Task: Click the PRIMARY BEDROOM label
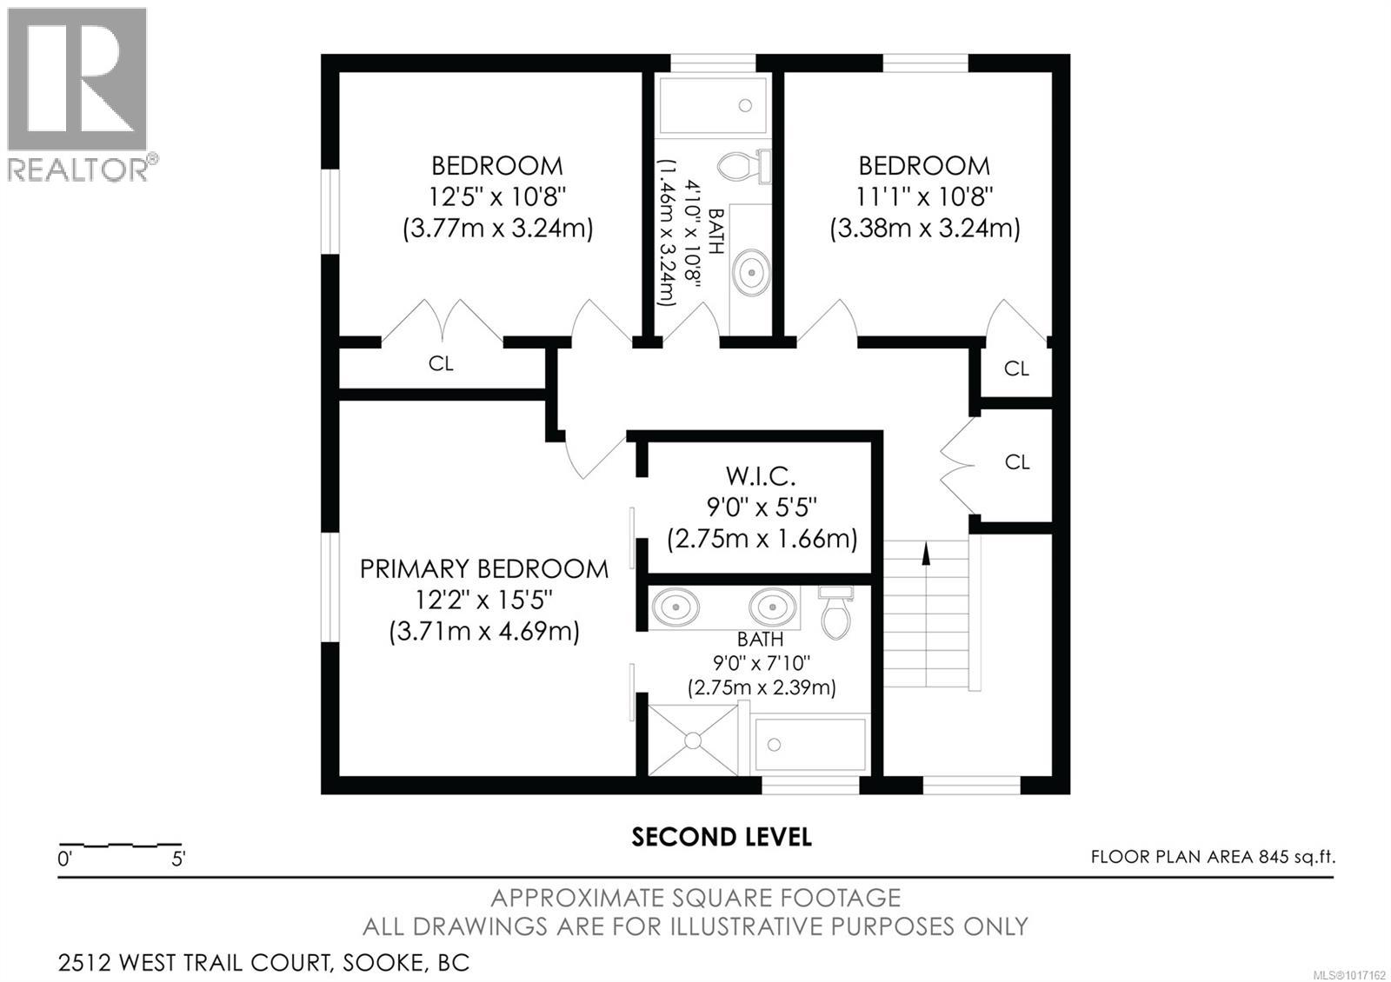pos(483,569)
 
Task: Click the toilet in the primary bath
pos(836,613)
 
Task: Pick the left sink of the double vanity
pos(676,607)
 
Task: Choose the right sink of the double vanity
pos(773,607)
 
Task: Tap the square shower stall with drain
pos(693,740)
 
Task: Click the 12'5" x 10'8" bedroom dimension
pos(497,196)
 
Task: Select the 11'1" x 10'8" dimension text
pos(924,196)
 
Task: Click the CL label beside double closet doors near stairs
pos(1016,462)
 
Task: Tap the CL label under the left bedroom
pos(441,363)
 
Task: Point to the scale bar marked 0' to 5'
pos(120,846)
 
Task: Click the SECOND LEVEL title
pos(722,837)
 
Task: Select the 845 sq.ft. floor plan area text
pos(1213,857)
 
